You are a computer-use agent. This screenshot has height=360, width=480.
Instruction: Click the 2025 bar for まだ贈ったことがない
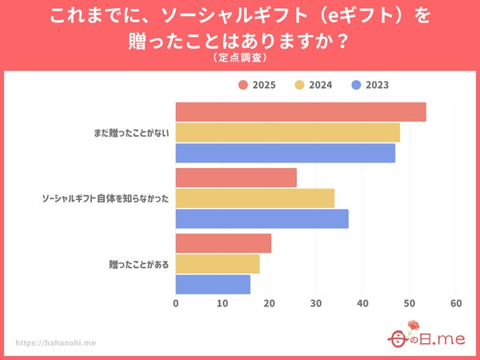[300, 112]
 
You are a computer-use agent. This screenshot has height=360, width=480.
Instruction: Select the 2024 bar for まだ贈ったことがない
[287, 132]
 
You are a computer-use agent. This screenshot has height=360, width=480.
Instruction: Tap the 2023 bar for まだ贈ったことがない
[285, 153]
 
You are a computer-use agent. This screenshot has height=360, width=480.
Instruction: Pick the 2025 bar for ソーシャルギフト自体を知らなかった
[236, 178]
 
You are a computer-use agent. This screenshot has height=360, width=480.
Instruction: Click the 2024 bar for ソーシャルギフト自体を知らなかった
[254, 198]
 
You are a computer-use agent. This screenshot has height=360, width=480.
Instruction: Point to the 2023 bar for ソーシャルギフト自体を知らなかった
[262, 218]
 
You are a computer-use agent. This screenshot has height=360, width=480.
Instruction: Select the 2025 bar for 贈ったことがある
[223, 243]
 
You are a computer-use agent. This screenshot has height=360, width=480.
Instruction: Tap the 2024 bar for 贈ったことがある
[218, 264]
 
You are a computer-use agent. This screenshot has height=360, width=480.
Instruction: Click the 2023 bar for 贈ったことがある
[213, 284]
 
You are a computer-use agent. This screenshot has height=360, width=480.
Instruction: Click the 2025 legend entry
[256, 85]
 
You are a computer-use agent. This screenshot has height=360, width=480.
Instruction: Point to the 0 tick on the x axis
[176, 304]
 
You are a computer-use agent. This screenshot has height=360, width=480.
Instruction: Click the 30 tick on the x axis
[316, 304]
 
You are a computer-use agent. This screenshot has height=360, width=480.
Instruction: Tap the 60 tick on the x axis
[456, 304]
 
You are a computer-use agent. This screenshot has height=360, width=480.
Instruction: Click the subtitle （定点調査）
[240, 58]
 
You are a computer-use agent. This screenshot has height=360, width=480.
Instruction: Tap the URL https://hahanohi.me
[56, 342]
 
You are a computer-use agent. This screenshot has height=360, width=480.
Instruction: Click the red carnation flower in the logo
[412, 326]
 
